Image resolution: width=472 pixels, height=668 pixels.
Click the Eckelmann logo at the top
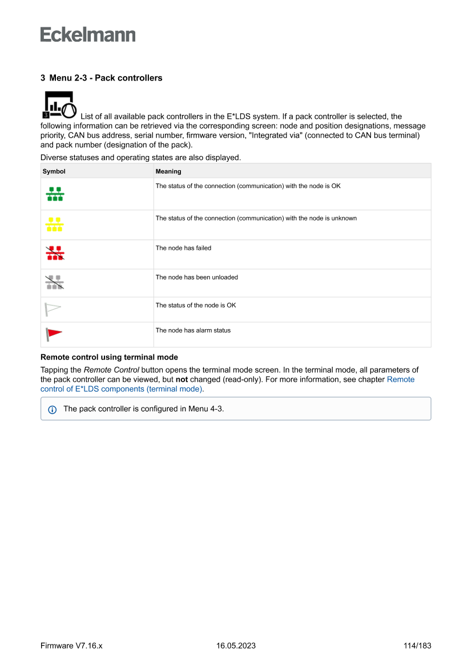tap(88, 34)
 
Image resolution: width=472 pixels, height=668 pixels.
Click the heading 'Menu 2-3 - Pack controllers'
tap(101, 78)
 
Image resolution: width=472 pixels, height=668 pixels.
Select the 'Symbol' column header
tap(54, 171)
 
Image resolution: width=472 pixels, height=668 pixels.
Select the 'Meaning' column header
tap(168, 171)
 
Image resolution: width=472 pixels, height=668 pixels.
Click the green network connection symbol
tap(55, 194)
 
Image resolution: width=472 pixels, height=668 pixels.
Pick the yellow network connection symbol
tap(54, 224)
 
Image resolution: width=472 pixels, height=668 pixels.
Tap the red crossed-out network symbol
tap(55, 254)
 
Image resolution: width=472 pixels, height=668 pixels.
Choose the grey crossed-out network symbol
tap(55, 282)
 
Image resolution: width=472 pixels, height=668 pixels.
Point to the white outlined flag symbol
tap(53, 310)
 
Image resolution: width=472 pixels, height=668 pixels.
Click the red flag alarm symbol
tap(54, 334)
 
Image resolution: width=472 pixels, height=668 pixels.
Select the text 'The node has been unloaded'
tap(197, 277)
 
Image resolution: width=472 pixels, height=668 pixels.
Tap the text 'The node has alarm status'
tap(193, 330)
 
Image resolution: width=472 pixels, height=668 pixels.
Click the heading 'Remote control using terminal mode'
tap(109, 357)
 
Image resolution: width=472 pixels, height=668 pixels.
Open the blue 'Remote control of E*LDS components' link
tap(121, 389)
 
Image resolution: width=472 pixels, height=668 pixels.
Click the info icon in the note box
tap(53, 409)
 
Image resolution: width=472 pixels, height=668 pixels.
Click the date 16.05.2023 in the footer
tap(236, 646)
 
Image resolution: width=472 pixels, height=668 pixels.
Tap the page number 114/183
tap(417, 646)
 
